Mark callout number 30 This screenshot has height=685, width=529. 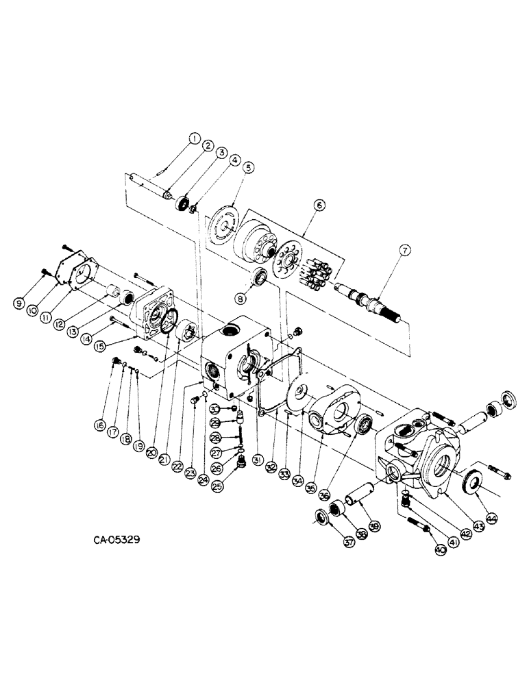214,409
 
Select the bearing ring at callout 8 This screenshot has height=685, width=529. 260,279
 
